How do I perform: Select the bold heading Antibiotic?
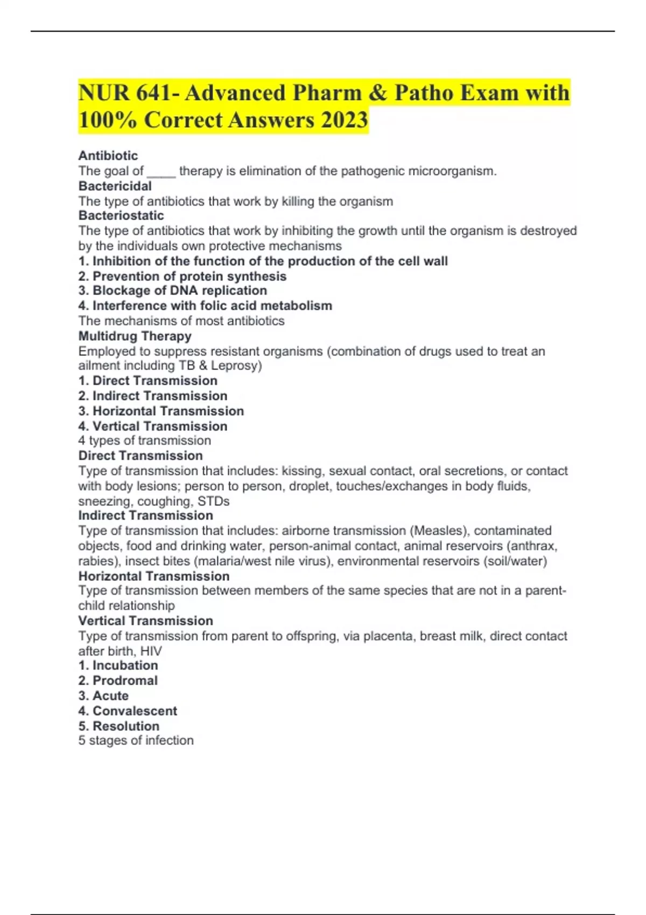(108, 156)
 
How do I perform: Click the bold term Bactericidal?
(115, 186)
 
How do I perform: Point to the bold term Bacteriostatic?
(121, 215)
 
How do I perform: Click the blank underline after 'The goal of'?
(161, 172)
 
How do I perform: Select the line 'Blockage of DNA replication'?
(172, 291)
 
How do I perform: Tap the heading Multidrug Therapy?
(135, 336)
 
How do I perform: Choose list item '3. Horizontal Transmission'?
(161, 411)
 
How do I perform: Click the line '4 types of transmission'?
(144, 440)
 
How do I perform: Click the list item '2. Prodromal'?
(118, 680)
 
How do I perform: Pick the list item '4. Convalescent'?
(128, 710)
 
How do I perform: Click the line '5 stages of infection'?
(136, 740)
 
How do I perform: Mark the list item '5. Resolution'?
(118, 726)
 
